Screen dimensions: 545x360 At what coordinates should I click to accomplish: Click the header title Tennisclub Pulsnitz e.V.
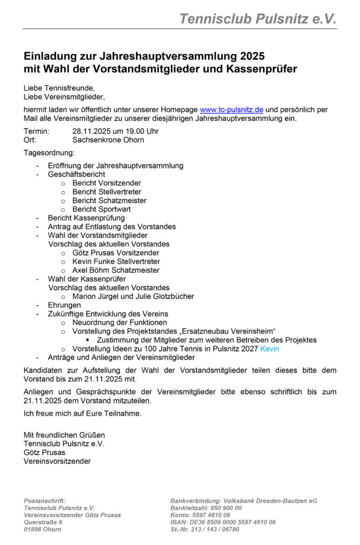[x=258, y=19]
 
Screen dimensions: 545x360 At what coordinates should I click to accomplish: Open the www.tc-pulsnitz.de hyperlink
[x=231, y=110]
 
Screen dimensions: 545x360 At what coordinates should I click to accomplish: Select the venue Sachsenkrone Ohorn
[x=108, y=140]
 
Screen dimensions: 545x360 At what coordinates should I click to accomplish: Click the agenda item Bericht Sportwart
[x=101, y=209]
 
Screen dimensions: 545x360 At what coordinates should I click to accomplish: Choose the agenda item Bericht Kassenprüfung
[x=86, y=218]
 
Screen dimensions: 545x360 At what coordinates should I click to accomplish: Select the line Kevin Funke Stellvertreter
[x=116, y=261]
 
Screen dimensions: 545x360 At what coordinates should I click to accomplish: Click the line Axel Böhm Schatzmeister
[x=116, y=270]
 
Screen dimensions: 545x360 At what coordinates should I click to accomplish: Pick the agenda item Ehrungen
[x=64, y=305]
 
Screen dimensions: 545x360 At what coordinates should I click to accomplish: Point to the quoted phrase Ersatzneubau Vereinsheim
[x=231, y=331]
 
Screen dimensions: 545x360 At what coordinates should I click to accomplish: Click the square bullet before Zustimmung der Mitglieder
[x=87, y=340]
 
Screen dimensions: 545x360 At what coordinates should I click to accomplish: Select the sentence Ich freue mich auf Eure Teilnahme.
[x=83, y=412]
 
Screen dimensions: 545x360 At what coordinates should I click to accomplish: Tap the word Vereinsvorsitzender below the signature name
[x=57, y=461]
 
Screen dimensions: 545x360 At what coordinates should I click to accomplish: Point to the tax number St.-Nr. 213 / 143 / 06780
[x=204, y=530]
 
